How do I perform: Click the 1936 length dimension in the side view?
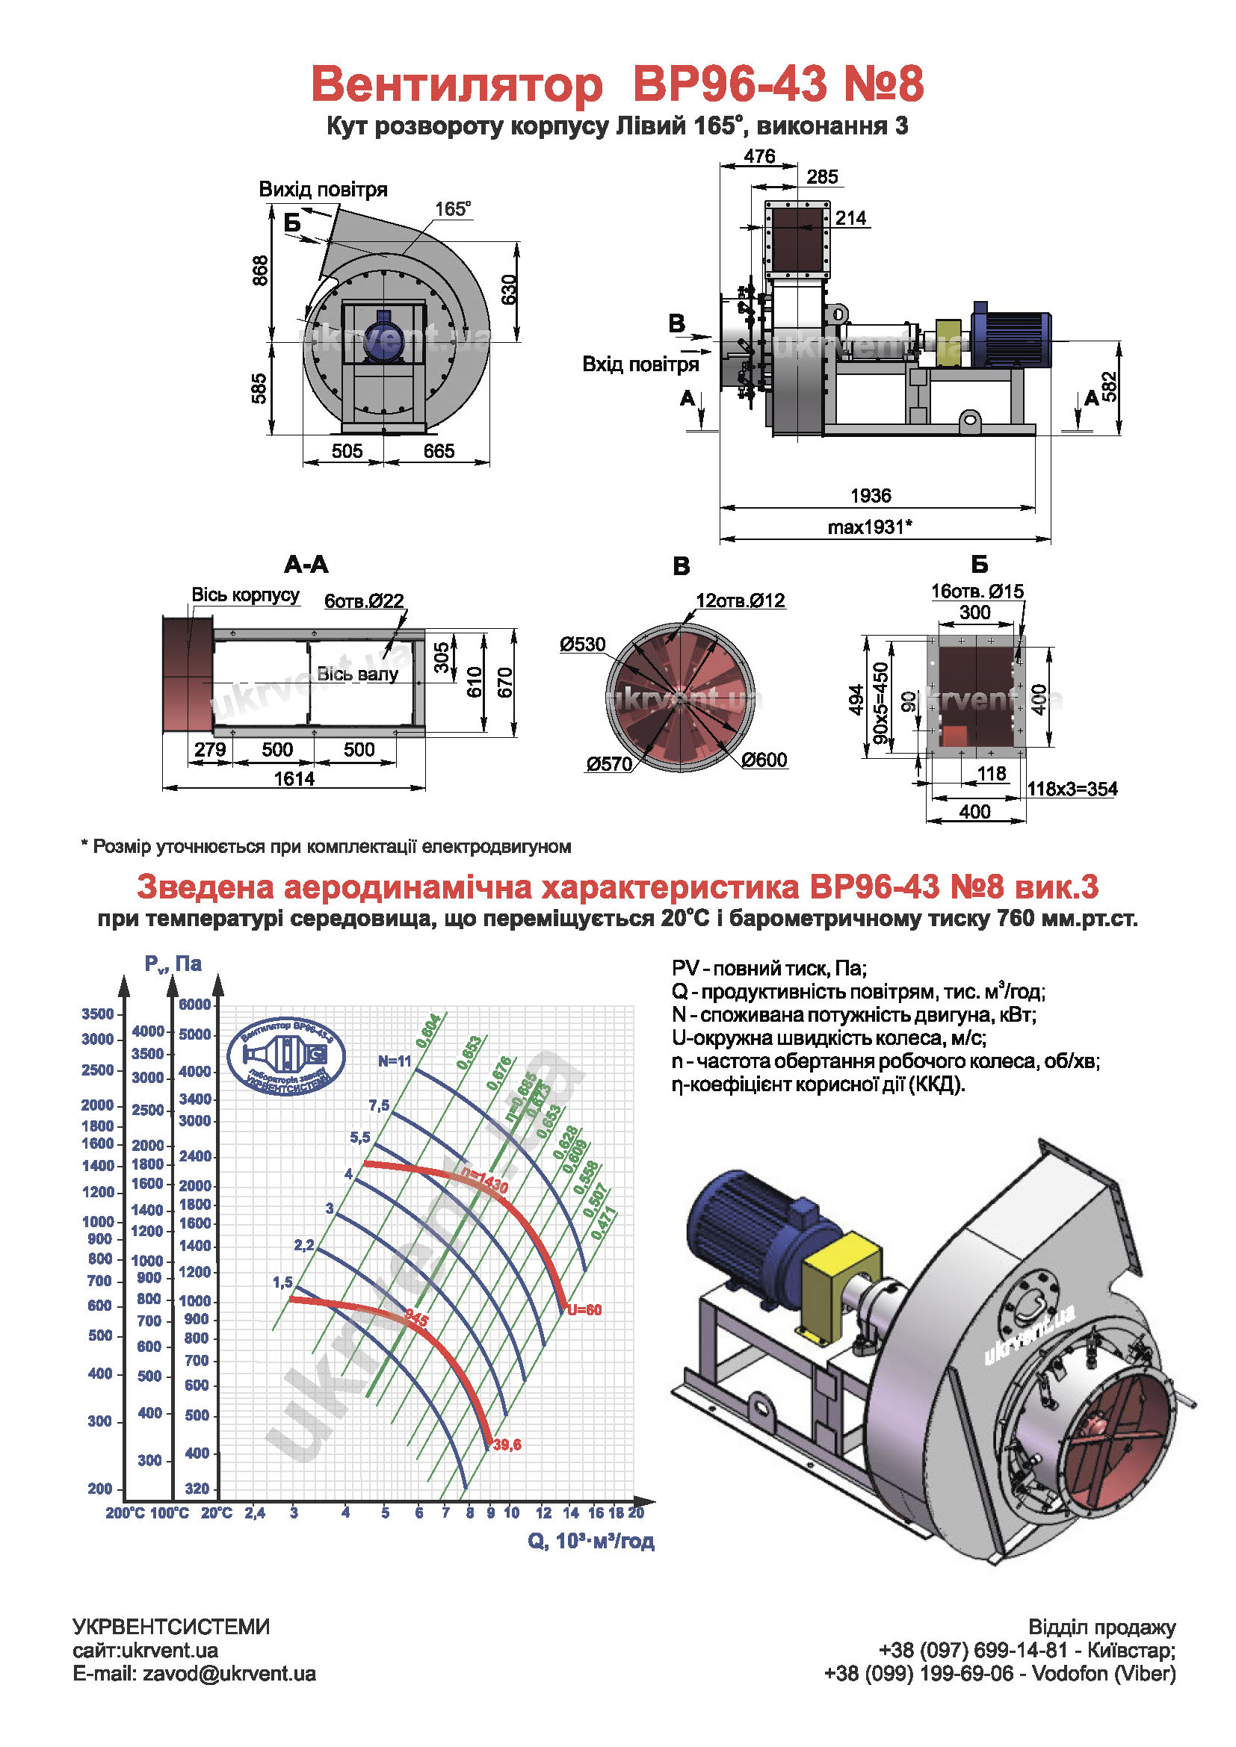[x=870, y=495]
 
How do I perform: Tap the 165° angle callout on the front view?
[x=453, y=208]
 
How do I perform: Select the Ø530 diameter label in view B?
[x=583, y=645]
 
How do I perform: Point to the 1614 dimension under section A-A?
[x=294, y=778]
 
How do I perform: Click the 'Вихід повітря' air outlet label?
[x=324, y=189]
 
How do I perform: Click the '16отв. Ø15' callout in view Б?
[x=977, y=592]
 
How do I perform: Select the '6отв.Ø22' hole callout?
[x=364, y=601]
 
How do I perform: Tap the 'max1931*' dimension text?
[x=870, y=527]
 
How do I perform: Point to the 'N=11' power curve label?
[x=395, y=1061]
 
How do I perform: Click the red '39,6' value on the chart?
[x=507, y=1445]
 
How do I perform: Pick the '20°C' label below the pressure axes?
[x=217, y=1512]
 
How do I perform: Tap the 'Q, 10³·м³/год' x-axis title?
[x=590, y=1541]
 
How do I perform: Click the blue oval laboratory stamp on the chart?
[x=286, y=1056]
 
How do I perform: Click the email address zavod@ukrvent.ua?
[x=229, y=1673]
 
